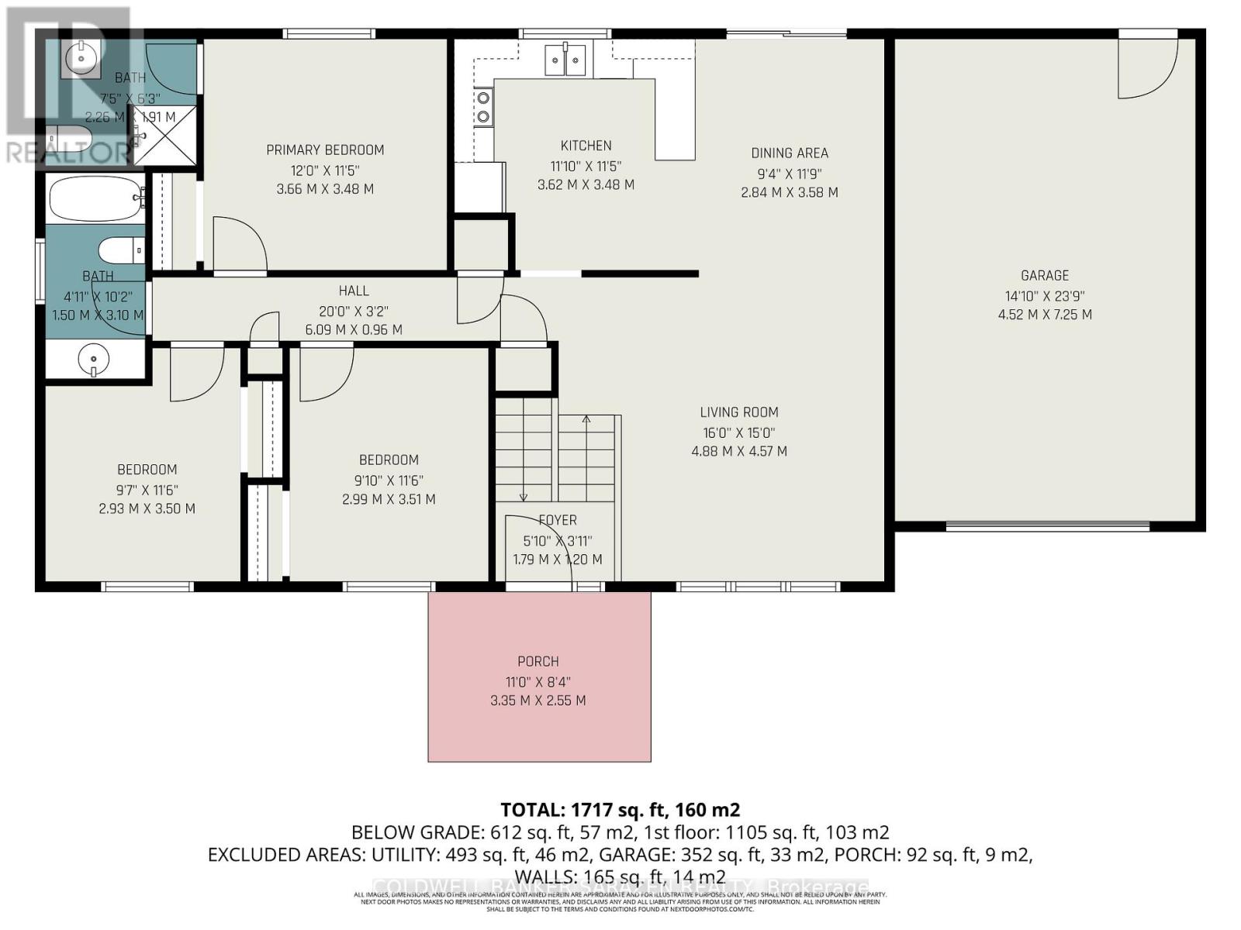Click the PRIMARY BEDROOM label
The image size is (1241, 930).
tap(325, 150)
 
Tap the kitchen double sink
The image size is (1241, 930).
tap(565, 60)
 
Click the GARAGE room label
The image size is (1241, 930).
tap(1045, 276)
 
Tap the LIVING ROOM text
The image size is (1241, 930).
tap(738, 413)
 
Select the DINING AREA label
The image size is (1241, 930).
tap(789, 153)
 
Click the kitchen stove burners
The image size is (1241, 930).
tap(483, 107)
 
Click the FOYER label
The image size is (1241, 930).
tap(557, 521)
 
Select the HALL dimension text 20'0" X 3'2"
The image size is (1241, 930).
tap(354, 311)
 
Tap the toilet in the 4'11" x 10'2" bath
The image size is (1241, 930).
tap(121, 250)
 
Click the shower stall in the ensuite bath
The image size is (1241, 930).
tap(167, 136)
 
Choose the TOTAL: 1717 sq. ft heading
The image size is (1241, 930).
tap(620, 810)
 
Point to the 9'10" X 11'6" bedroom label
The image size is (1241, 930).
tap(389, 460)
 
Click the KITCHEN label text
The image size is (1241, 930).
tap(586, 146)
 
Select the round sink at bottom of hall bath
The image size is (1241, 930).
tap(94, 360)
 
